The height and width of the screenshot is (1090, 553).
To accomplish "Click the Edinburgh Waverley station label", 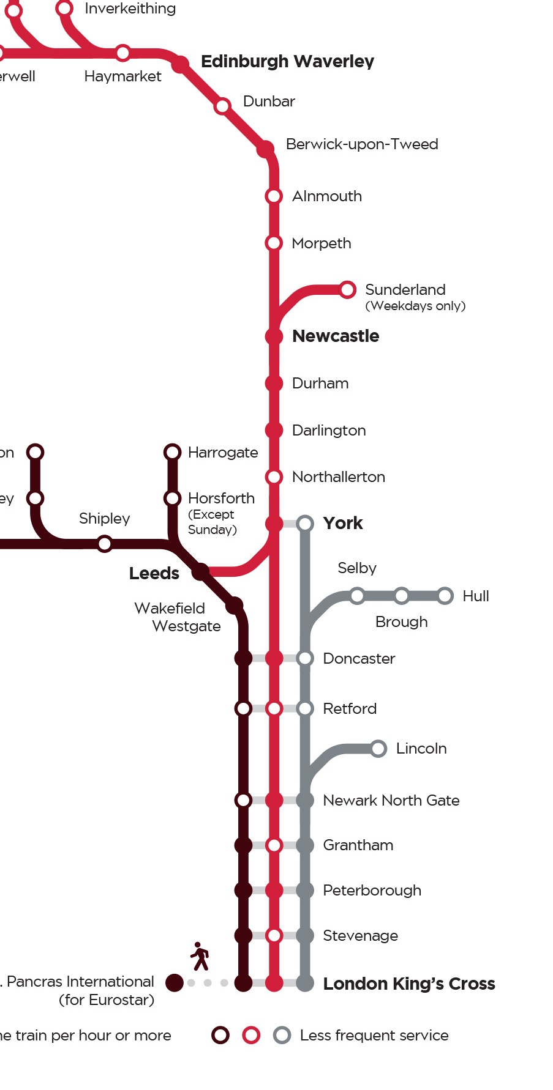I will pos(287,61).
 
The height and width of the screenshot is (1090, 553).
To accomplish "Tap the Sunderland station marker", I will pos(347,289).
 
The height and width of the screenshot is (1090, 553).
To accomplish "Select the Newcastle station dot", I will pos(274,336).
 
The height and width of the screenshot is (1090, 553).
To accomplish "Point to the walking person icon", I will pos(200,956).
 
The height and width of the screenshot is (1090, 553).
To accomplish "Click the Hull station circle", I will pos(445,596).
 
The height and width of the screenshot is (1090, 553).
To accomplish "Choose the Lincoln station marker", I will pos(378,748).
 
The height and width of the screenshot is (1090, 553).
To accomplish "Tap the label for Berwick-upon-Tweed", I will pos(362,144).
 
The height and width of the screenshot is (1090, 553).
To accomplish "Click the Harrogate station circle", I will pos(173,452).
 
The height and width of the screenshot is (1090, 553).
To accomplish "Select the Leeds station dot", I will pos(200,572).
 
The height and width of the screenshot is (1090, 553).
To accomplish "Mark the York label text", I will pos(343,523).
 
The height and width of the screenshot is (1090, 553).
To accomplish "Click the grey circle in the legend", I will pos(282,1035).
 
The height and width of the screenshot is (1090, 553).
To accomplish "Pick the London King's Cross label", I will pos(409,984).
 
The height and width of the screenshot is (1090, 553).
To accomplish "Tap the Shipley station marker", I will pos(105,543).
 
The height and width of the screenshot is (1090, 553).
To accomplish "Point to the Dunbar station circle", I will pos(222,106).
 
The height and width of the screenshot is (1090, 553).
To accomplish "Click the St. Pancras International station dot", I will pos(175,983).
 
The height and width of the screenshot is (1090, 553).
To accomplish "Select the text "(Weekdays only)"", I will pos(415,306).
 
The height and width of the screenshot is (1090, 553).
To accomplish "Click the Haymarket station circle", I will pos(123,53).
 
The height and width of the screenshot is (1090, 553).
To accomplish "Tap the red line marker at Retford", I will pos(274,708).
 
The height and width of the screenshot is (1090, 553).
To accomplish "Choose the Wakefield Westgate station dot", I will pos(235,606).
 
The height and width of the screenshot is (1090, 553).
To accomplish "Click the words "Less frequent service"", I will pos(374,1035).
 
